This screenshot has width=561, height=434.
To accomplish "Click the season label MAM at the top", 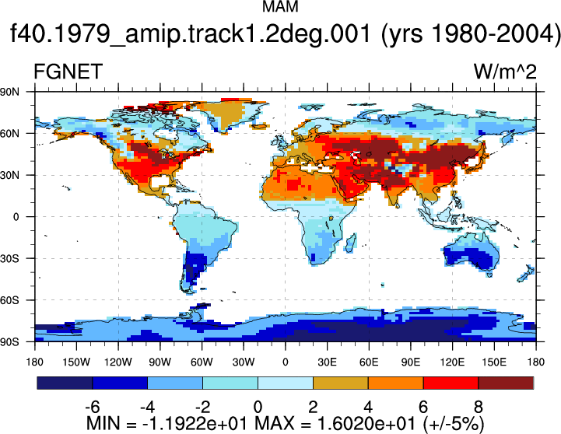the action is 280,6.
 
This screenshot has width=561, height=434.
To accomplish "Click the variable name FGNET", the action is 68,72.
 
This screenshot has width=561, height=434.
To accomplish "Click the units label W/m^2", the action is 505,72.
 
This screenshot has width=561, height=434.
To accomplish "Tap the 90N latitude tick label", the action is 9,92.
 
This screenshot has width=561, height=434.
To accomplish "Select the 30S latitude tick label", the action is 9,258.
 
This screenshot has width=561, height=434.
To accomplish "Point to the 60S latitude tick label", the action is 9,300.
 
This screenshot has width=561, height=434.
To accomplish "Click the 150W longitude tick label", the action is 76,362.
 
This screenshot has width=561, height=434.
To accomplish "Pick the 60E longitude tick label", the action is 369,362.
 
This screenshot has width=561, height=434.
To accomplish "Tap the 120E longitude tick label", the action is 452,362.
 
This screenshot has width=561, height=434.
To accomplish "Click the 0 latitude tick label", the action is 16,217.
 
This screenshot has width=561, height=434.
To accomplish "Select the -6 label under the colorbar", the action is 93,407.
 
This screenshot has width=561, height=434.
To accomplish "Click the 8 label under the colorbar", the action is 479,407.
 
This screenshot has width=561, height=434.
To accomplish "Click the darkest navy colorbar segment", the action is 65,383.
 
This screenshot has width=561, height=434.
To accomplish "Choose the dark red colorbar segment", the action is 506,383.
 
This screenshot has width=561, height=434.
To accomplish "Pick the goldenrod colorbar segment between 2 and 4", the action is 341,383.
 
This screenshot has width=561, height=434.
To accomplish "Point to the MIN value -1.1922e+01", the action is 195,423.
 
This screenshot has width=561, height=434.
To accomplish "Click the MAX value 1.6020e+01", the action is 366,423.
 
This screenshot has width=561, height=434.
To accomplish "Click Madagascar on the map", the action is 351,243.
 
